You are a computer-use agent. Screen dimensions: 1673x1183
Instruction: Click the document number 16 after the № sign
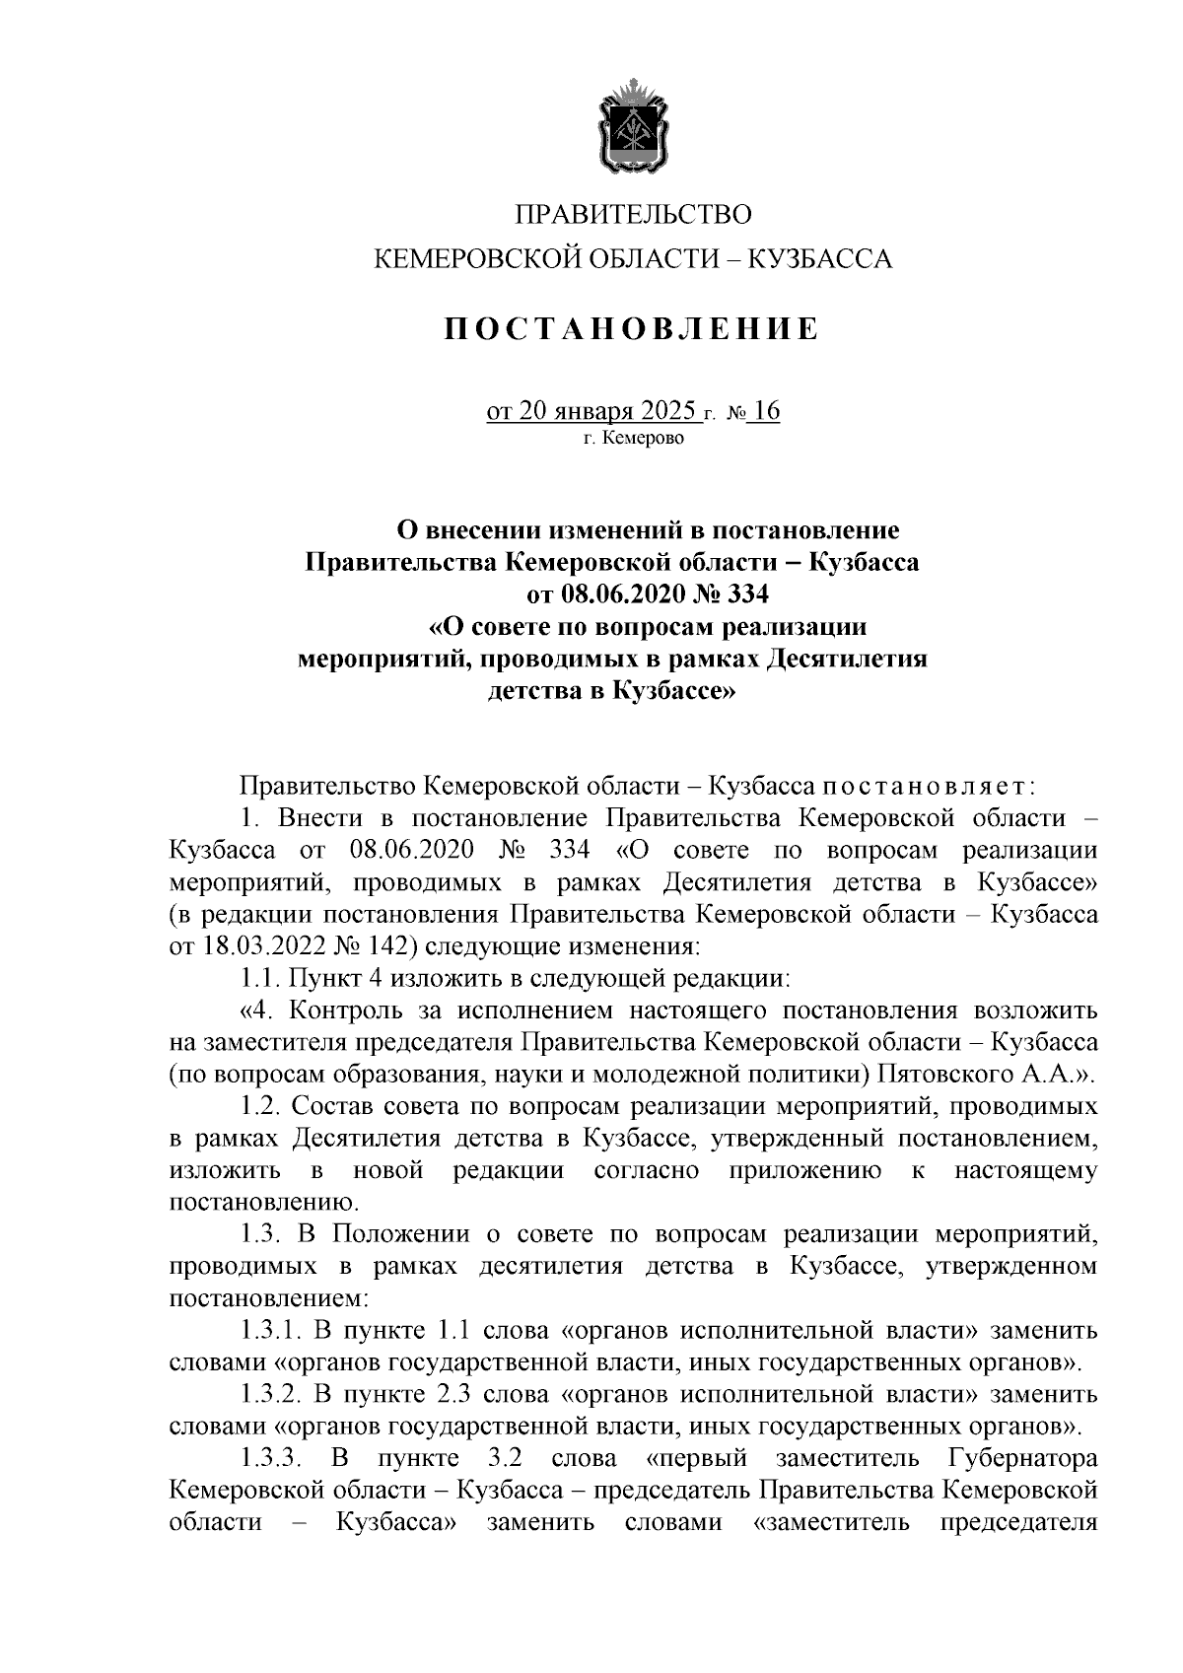click(x=764, y=411)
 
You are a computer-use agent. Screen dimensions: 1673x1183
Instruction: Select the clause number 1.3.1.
click(x=270, y=1331)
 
